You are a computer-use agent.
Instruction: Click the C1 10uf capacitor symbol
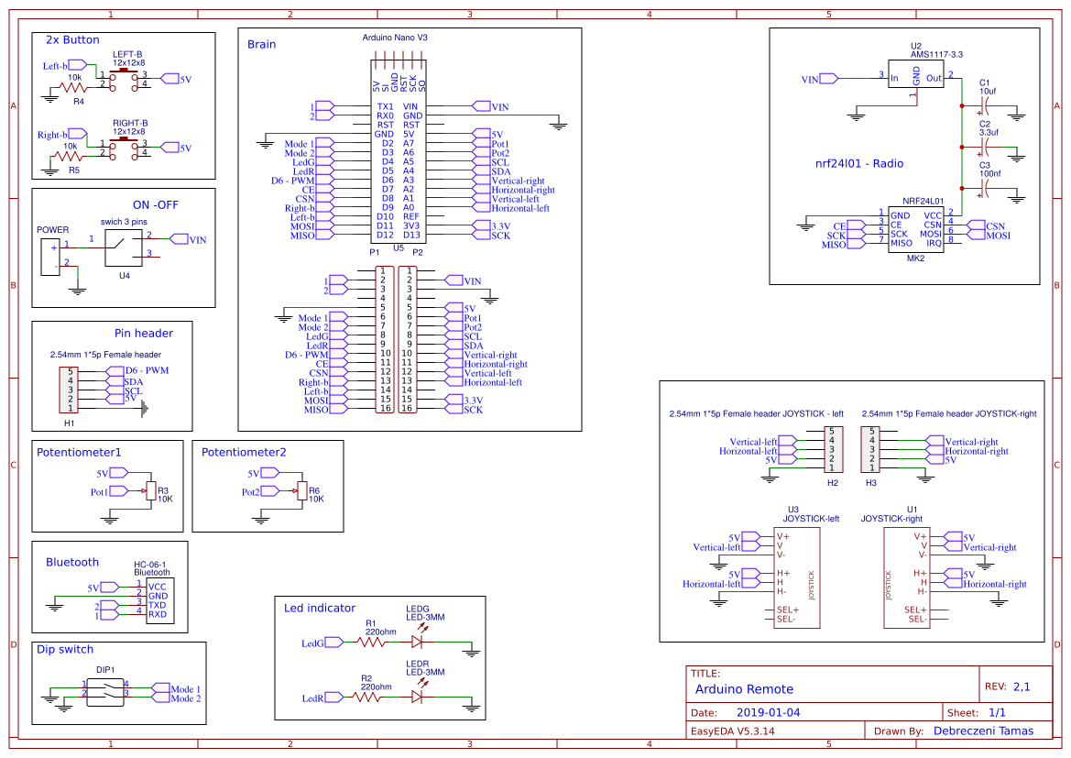click(986, 106)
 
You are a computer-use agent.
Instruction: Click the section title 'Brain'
click(261, 44)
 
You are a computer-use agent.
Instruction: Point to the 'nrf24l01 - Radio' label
click(858, 164)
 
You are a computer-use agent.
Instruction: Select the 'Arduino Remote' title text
click(744, 689)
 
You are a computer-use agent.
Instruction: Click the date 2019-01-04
click(768, 712)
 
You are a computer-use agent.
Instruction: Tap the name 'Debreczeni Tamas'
click(983, 731)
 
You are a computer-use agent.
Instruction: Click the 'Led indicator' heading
click(320, 608)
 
